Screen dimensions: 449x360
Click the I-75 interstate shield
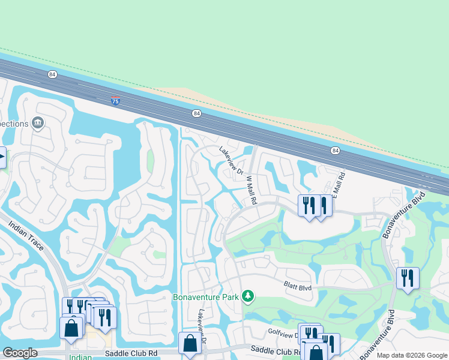tap(115, 101)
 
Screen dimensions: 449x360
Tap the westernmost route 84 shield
tap(53, 74)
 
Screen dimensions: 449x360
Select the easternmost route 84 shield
tap(335, 151)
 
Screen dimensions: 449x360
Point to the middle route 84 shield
tap(196, 113)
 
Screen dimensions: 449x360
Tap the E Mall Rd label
tap(341, 187)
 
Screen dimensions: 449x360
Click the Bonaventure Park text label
tap(206, 296)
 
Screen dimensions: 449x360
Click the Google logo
tap(20, 353)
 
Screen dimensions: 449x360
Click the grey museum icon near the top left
tap(38, 123)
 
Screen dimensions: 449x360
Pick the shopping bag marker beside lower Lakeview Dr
tap(190, 344)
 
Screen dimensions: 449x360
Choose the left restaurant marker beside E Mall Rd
tap(309, 206)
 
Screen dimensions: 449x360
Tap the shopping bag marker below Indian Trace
tap(71, 329)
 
